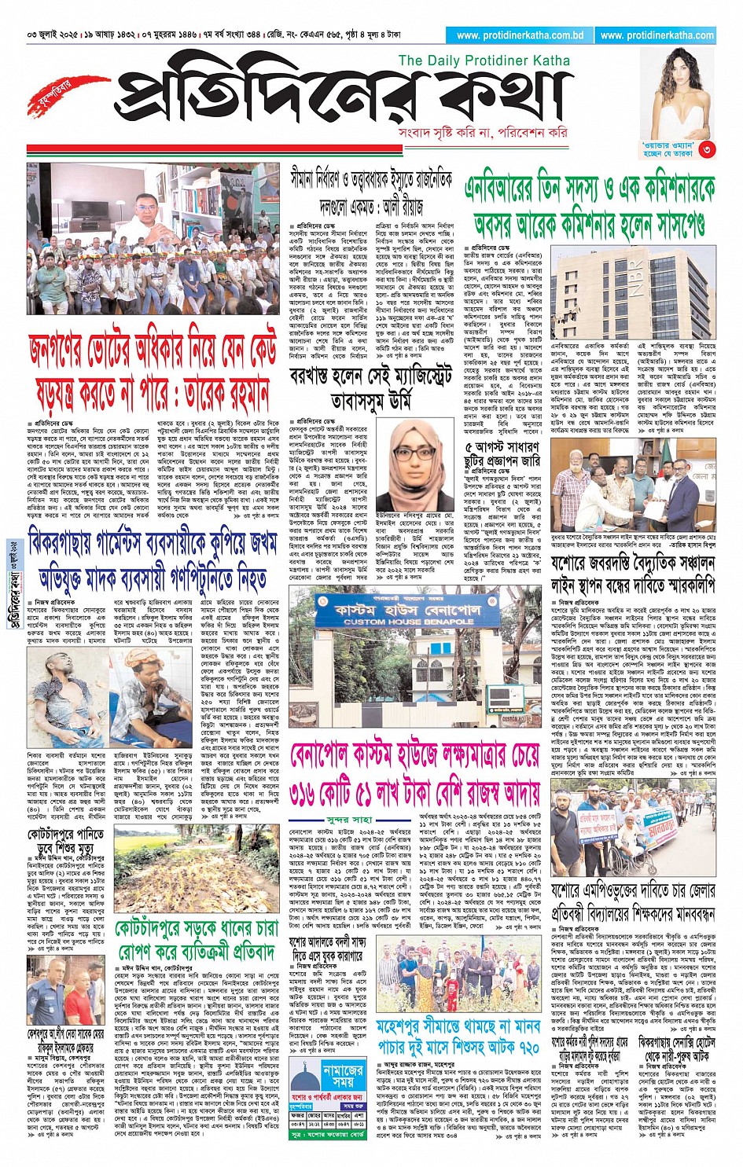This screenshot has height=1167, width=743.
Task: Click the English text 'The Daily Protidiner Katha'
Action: [x=484, y=61]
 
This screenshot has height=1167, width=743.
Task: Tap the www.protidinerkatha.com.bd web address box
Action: [x=520, y=35]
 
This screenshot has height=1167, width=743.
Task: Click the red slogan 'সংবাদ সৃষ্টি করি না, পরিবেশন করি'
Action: [x=483, y=133]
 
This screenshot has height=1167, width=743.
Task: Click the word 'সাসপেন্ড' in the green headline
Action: [x=668, y=226]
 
